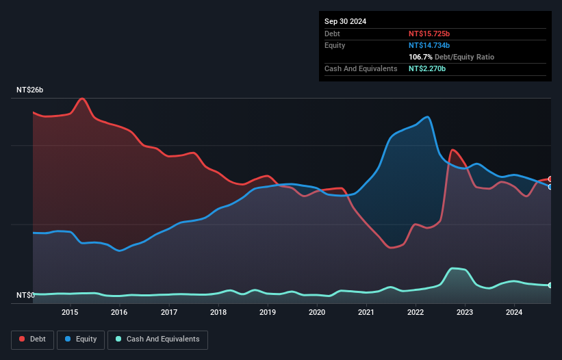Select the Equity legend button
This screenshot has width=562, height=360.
tap(80, 339)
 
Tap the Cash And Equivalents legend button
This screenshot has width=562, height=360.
tap(157, 339)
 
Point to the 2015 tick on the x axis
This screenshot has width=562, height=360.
tap(70, 313)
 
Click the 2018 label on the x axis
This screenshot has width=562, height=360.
tap(218, 313)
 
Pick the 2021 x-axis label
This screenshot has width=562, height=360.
tap(366, 313)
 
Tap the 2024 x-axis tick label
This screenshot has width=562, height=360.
tap(514, 313)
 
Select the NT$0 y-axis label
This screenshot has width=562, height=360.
tap(26, 296)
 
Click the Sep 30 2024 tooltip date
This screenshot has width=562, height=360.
tap(345, 21)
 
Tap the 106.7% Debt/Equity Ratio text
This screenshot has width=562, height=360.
tap(451, 57)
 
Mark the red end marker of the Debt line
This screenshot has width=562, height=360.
tap(550, 179)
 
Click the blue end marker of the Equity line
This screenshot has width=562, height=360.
tap(550, 186)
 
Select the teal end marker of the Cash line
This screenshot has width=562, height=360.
tap(550, 285)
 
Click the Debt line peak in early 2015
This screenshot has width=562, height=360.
tap(83, 99)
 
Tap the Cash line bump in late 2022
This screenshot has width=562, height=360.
tap(453, 268)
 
